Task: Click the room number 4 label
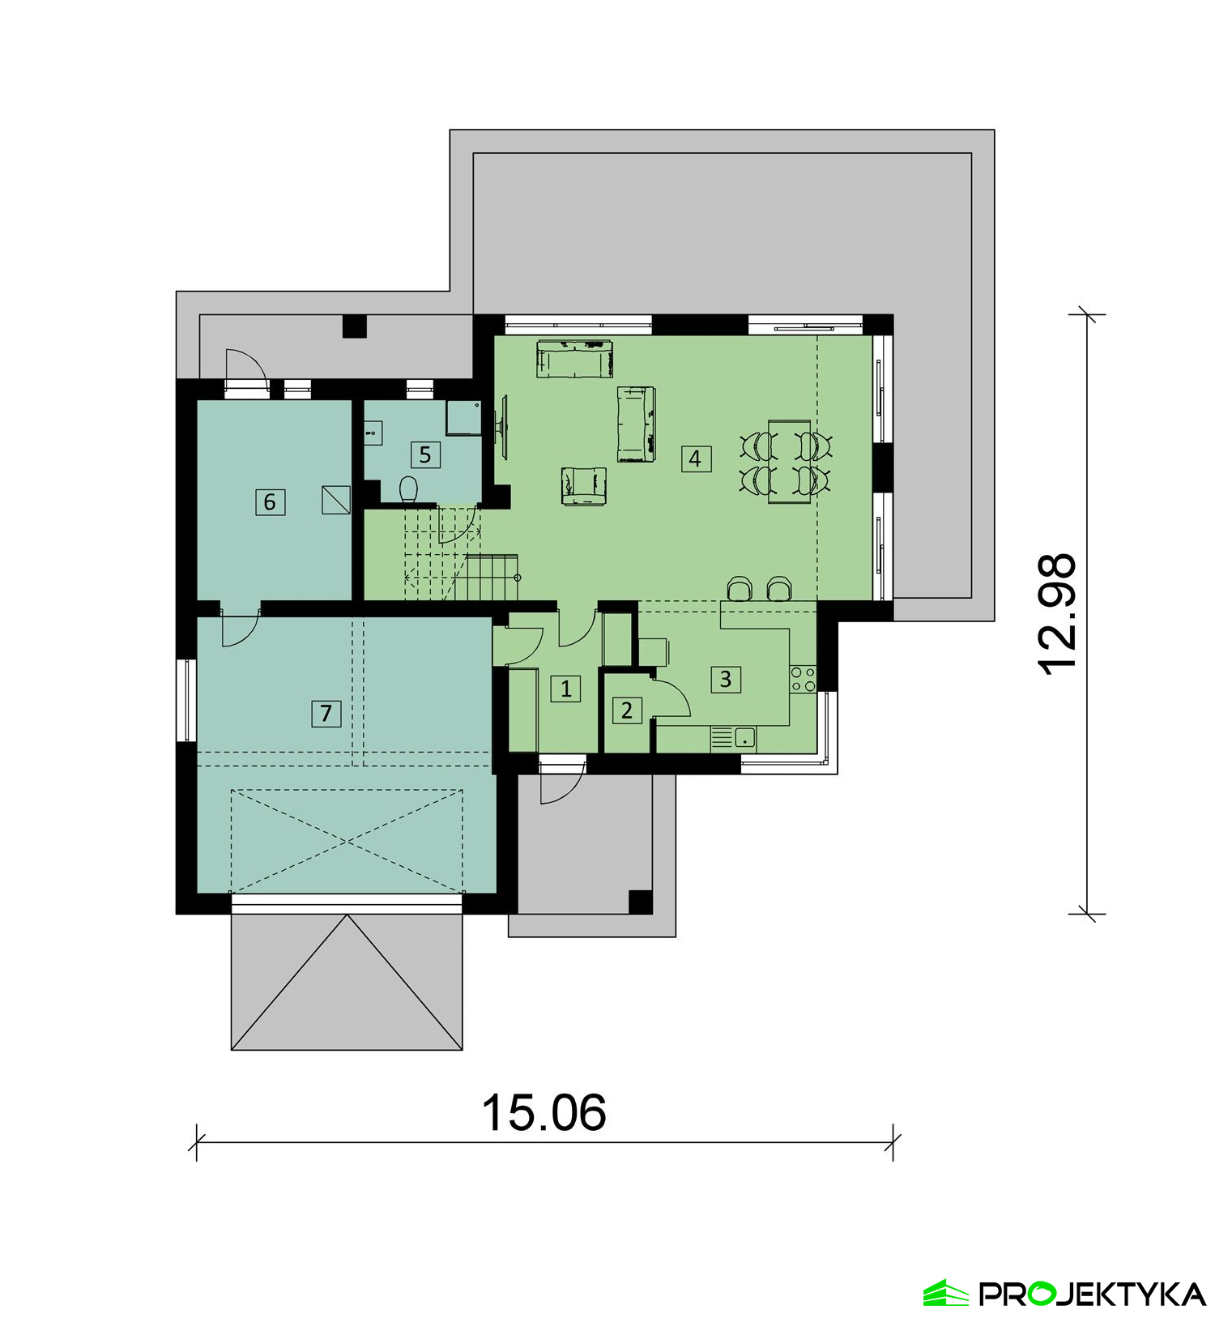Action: (x=695, y=459)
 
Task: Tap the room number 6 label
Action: (x=270, y=501)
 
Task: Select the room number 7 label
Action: (x=326, y=713)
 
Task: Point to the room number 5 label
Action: (x=425, y=454)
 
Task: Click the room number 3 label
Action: (x=726, y=679)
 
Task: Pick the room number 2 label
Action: (x=627, y=710)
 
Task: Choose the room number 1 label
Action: (x=565, y=689)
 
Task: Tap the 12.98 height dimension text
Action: (x=1058, y=614)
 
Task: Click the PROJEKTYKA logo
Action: (x=1064, y=1293)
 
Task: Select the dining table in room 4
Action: (x=789, y=462)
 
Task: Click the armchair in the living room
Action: (x=583, y=485)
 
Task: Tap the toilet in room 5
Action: (x=409, y=490)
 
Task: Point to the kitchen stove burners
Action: (x=804, y=679)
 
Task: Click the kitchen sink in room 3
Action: (x=744, y=737)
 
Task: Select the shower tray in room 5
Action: (x=464, y=417)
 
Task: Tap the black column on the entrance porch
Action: (x=641, y=902)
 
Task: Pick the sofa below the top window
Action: (x=575, y=359)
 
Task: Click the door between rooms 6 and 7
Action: (x=240, y=626)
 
